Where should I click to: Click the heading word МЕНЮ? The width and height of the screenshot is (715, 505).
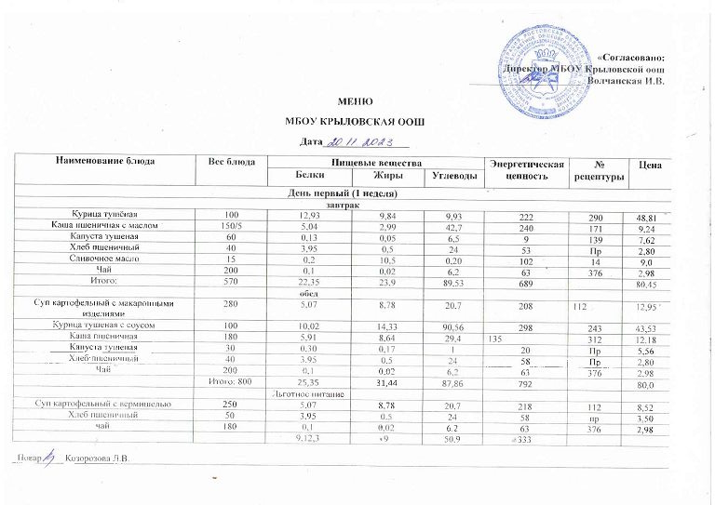[357, 101]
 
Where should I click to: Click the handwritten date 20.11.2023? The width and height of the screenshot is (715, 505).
[361, 141]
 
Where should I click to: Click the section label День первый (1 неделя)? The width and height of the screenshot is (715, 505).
[344, 193]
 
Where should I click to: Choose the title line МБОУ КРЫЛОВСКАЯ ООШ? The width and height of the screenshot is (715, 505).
[357, 122]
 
